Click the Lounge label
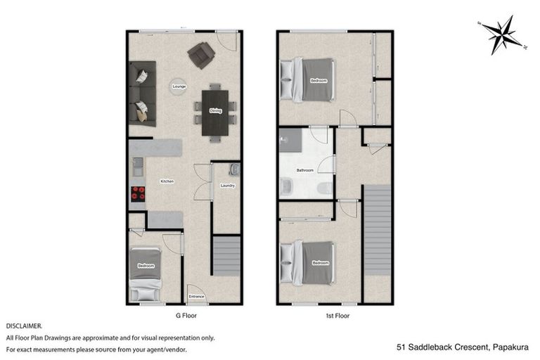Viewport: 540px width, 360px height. (179, 86)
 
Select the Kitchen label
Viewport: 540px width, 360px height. (167, 181)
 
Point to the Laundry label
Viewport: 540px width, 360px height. (227, 186)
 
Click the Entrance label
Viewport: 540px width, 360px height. (197, 296)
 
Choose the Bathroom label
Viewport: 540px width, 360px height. (304, 170)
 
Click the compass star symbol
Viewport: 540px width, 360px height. (503, 34)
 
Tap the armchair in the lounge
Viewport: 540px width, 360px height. (202, 54)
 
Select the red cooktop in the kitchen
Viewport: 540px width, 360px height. (136, 194)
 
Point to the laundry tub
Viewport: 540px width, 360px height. (235, 169)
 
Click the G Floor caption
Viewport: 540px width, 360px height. (185, 316)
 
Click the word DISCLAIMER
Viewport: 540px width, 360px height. (24, 326)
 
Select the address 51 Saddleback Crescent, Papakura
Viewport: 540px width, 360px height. (462, 347)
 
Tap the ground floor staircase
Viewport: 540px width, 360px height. (226, 256)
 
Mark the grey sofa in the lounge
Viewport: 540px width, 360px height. (141, 93)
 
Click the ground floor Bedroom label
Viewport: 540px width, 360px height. (146, 266)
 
